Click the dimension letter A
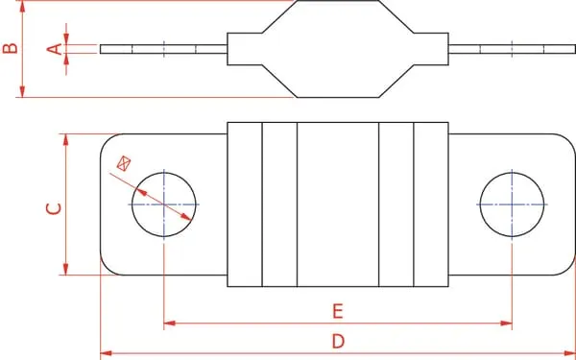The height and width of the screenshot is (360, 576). pyautogui.click(x=55, y=49)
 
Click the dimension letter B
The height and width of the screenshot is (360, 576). pyautogui.click(x=10, y=48)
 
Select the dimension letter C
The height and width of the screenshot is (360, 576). pyautogui.click(x=54, y=208)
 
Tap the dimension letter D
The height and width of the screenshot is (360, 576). pyautogui.click(x=338, y=341)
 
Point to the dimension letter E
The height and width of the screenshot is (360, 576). pyautogui.click(x=338, y=311)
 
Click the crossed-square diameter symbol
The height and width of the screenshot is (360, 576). pyautogui.click(x=124, y=163)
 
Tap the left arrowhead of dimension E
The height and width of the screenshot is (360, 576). pyautogui.click(x=169, y=324)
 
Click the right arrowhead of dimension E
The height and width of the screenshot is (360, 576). pyautogui.click(x=506, y=324)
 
